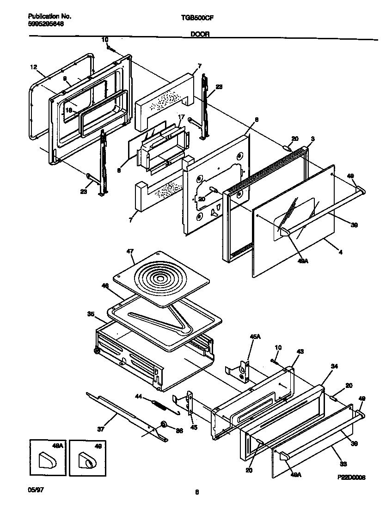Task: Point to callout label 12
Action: pyautogui.click(x=33, y=67)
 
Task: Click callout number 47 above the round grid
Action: pyautogui.click(x=130, y=251)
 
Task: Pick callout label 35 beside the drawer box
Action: pyautogui.click(x=91, y=314)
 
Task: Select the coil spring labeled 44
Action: pyautogui.click(x=159, y=405)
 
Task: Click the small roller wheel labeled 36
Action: pyautogui.click(x=164, y=424)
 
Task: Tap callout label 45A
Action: pyautogui.click(x=255, y=338)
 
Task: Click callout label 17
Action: pyautogui.click(x=182, y=117)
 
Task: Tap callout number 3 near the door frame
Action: pyautogui.click(x=313, y=139)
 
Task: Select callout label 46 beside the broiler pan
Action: pyautogui.click(x=105, y=286)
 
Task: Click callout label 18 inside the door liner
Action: pyautogui.click(x=68, y=110)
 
